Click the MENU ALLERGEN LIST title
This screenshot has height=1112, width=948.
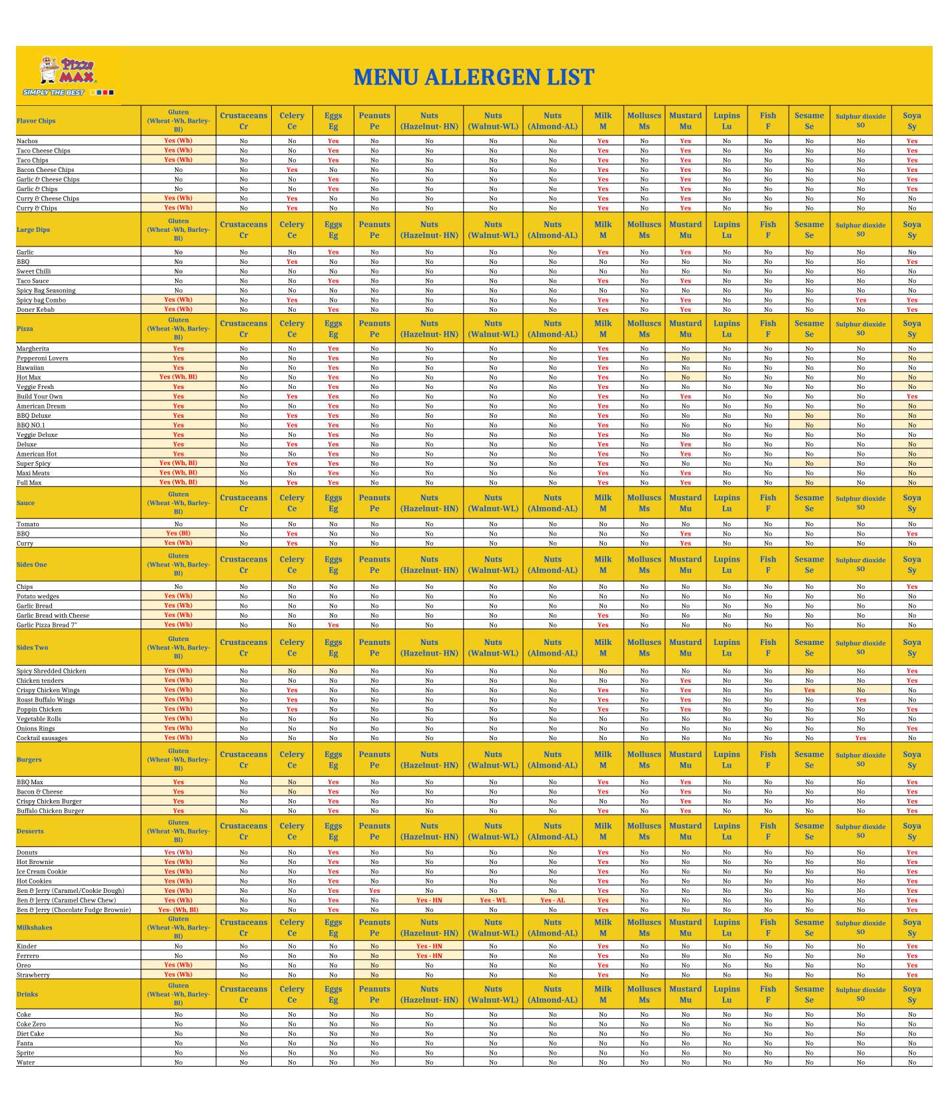474,77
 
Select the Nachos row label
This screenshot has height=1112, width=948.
27,141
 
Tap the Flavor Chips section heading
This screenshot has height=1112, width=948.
36,121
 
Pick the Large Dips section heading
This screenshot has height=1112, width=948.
33,230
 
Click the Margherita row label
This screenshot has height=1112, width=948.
33,349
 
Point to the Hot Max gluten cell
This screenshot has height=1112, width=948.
178,377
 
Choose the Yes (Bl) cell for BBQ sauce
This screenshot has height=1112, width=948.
178,534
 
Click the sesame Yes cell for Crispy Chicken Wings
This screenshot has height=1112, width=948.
809,690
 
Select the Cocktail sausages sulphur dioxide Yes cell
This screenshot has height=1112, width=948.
861,738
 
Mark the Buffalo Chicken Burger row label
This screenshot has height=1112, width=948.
50,811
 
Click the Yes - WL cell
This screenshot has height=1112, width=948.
493,900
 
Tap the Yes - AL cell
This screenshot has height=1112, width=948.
552,900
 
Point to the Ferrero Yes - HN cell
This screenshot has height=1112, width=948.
429,956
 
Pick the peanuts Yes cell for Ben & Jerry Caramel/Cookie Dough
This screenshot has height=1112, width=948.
374,891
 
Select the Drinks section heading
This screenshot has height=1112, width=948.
27,994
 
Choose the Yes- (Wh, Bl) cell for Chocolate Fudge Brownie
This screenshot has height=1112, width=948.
178,910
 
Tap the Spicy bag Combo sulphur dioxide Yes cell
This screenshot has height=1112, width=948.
861,300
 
